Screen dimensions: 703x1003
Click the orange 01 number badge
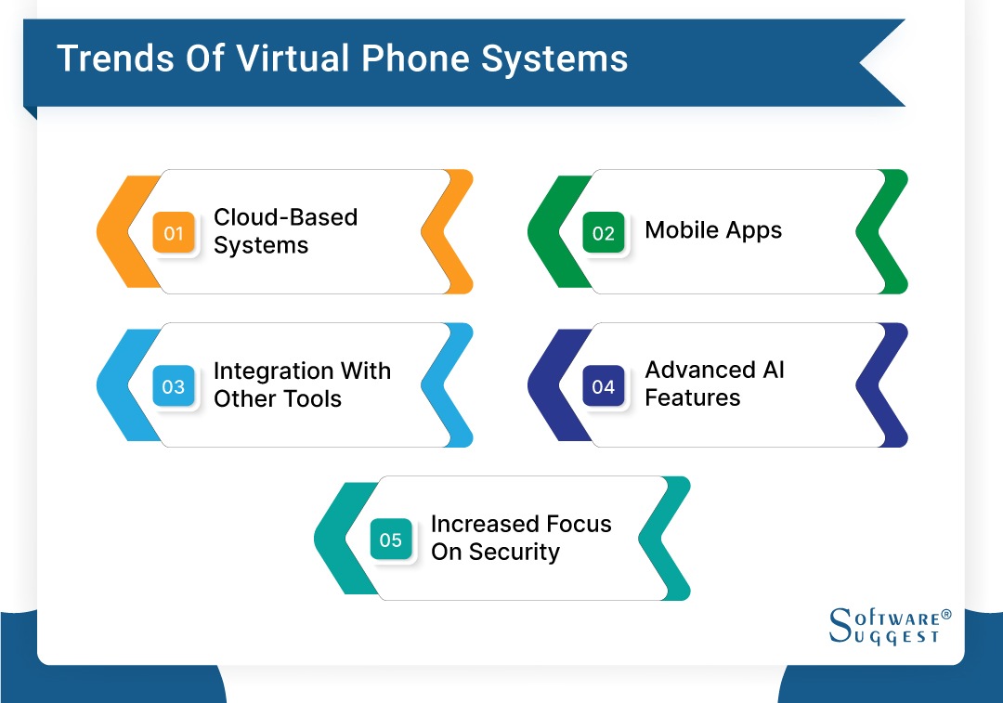[x=174, y=233]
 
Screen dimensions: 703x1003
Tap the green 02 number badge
[x=604, y=233]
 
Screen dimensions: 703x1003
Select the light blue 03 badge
[x=174, y=386]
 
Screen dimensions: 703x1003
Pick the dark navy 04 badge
[x=604, y=386]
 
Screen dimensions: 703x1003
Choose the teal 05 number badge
[x=391, y=540]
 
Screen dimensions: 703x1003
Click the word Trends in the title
[x=113, y=59]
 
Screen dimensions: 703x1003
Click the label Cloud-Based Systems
[x=285, y=231]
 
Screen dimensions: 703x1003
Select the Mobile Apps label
[x=713, y=230]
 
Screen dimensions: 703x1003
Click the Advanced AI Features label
[x=714, y=384]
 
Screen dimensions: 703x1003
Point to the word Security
[x=514, y=552]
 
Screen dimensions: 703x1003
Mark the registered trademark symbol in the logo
[x=946, y=615]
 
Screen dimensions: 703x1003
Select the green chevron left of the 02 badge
[x=553, y=232]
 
